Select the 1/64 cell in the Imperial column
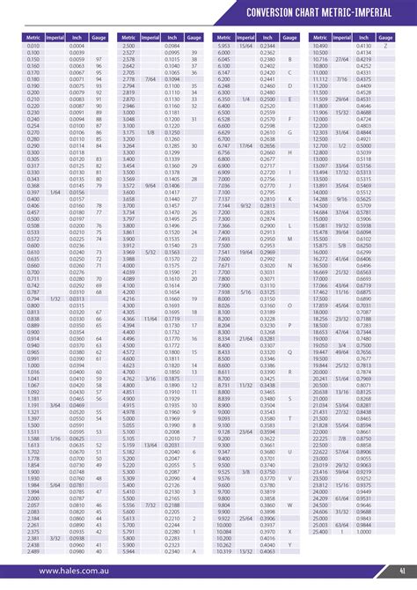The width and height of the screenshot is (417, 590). click(x=55, y=166)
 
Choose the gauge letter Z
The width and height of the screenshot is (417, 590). click(x=290, y=532)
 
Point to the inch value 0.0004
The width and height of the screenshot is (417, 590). click(x=77, y=45)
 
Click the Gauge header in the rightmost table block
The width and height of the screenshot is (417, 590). click(x=384, y=37)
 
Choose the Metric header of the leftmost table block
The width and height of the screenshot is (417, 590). click(x=33, y=37)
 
